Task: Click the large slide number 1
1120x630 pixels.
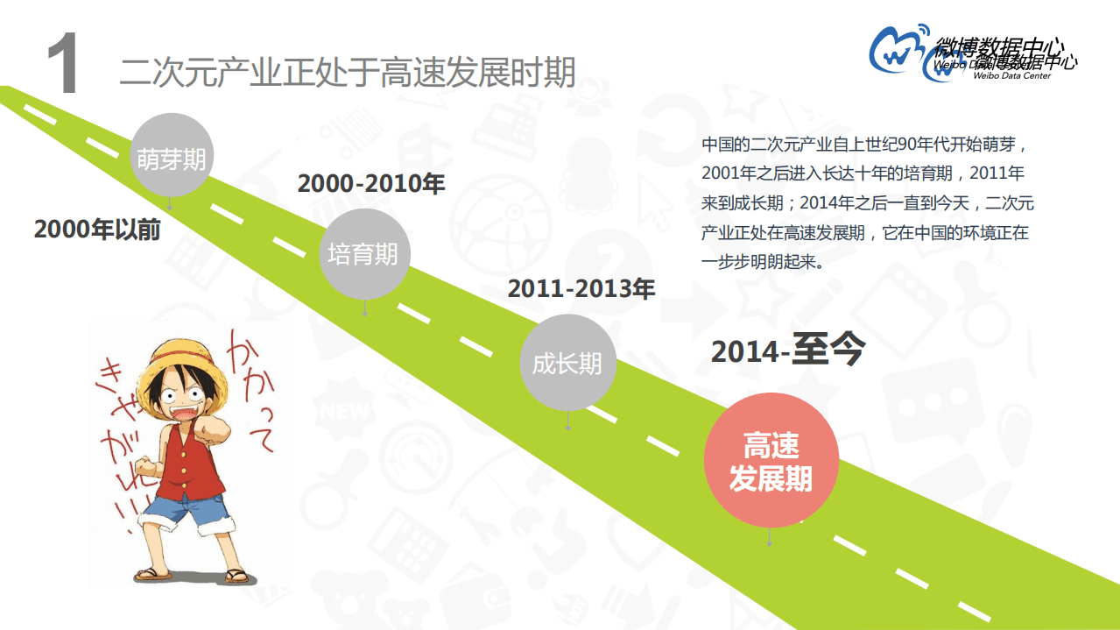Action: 63,66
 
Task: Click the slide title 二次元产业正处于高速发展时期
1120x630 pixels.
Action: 348,73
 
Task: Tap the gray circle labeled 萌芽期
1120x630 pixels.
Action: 171,158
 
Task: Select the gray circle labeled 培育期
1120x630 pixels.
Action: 363,253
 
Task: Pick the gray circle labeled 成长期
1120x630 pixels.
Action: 567,363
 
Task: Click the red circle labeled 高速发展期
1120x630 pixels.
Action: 771,462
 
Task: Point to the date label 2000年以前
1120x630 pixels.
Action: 97,230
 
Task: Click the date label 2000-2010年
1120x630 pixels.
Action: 371,184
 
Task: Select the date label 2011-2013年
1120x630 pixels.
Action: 581,288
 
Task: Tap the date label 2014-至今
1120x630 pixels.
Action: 787,350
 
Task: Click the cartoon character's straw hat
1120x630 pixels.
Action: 187,355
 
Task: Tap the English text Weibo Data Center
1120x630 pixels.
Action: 1011,76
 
